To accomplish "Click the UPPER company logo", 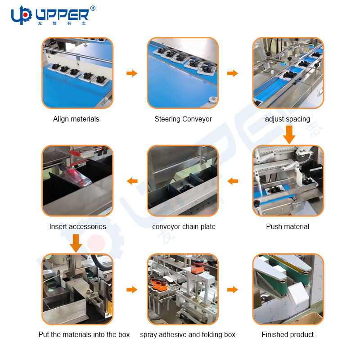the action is (x=53, y=15).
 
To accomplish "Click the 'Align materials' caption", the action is (x=76, y=119).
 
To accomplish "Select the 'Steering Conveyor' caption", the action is (x=183, y=119).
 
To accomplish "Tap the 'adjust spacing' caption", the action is (x=288, y=119).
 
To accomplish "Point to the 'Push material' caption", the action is (x=288, y=226).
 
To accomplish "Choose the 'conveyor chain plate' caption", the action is (x=184, y=226).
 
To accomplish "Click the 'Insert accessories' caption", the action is (x=77, y=226).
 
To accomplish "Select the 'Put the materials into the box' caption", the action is (x=84, y=334).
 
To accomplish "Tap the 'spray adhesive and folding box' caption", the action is (x=188, y=334).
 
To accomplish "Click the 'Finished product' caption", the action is (x=288, y=334).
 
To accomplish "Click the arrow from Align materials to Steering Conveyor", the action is (x=132, y=73).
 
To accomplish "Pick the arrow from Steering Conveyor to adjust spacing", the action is (x=232, y=73).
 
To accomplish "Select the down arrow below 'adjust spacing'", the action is (x=289, y=135).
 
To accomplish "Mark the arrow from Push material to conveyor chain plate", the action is (x=233, y=181).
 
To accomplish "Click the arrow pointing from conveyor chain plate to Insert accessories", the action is (x=132, y=181).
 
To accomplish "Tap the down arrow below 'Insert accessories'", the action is (x=76, y=243).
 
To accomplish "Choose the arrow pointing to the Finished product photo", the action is (x=232, y=289).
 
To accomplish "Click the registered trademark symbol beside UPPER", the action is (x=93, y=8).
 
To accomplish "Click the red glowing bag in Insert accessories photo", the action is (x=76, y=175).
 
